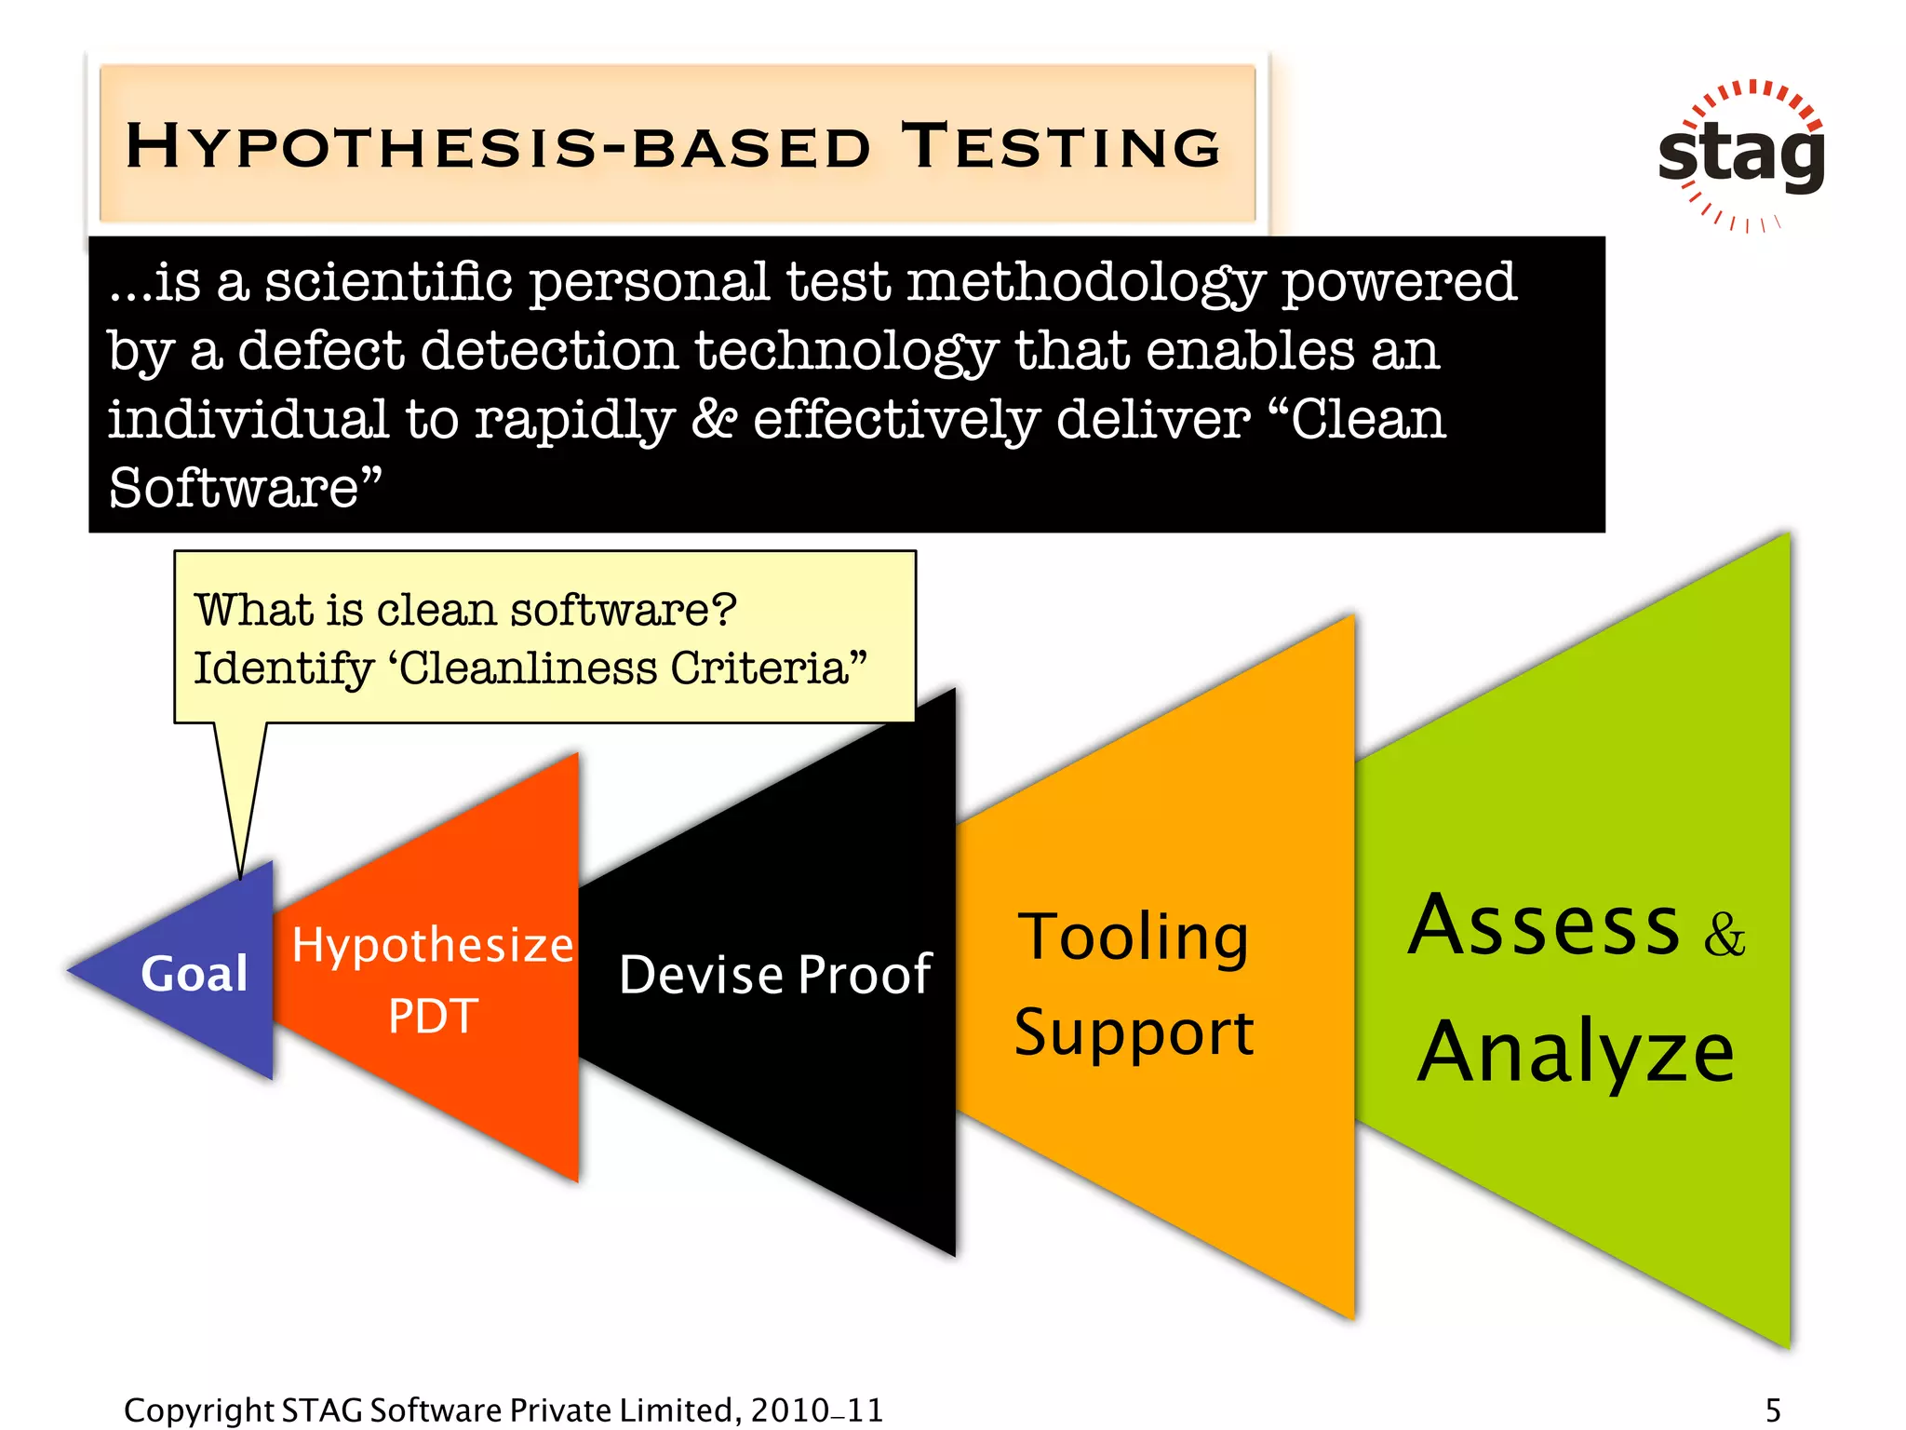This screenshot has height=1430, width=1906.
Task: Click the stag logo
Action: tap(1741, 155)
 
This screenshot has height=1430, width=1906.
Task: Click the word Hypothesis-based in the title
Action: tap(498, 147)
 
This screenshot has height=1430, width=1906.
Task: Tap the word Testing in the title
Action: tap(1061, 147)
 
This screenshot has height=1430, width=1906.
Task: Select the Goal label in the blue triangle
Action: tap(195, 974)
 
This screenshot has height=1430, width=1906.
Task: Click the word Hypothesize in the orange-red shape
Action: tap(433, 945)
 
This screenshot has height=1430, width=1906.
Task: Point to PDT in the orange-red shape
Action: tap(433, 1016)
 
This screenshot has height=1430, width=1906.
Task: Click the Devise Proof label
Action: tap(775, 975)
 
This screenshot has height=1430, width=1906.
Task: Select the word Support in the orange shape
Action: tap(1134, 1032)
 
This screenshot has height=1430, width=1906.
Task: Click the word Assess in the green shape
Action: tap(1544, 925)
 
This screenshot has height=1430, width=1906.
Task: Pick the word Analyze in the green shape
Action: tap(1576, 1052)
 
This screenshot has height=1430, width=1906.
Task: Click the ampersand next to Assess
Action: tap(1725, 934)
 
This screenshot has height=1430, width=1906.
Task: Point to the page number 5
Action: tap(1773, 1410)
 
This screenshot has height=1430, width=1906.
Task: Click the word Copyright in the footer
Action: tap(198, 1410)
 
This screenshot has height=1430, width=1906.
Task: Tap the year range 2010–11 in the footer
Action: tap(817, 1410)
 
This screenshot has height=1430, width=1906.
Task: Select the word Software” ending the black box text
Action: tap(245, 488)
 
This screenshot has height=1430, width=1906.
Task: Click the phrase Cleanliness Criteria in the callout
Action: tap(633, 668)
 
